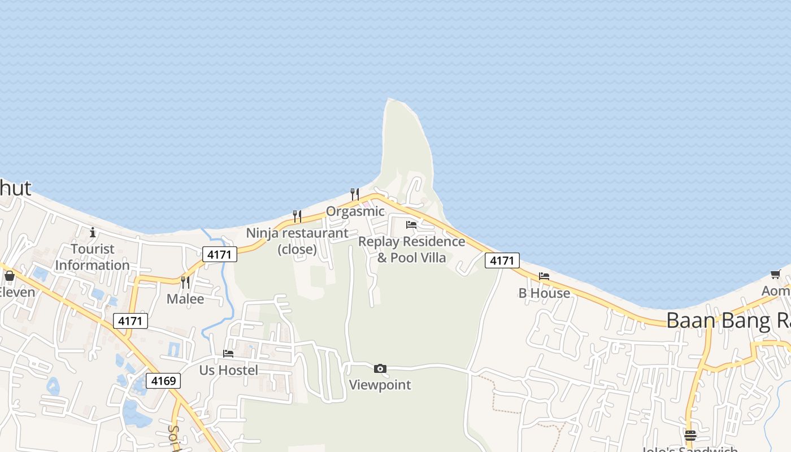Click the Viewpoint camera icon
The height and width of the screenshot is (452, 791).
click(x=380, y=369)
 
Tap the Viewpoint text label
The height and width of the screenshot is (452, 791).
click(x=380, y=385)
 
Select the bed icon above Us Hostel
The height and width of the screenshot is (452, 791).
click(x=228, y=354)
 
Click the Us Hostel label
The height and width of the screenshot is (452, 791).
click(x=229, y=370)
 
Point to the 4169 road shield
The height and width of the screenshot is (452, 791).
click(x=163, y=381)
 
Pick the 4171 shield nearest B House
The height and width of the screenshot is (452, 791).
click(x=502, y=260)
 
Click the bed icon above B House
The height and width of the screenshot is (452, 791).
click(x=544, y=276)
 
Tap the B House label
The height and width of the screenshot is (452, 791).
click(x=544, y=293)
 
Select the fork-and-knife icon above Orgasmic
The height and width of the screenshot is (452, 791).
click(x=355, y=194)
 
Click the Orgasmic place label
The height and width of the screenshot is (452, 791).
click(x=355, y=211)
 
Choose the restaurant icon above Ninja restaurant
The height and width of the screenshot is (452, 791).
click(x=297, y=216)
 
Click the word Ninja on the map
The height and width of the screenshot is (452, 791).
click(x=262, y=233)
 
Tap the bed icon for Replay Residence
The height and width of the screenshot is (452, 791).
click(x=411, y=225)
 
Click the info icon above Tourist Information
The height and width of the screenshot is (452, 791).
click(x=93, y=232)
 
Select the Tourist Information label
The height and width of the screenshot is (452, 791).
click(x=93, y=257)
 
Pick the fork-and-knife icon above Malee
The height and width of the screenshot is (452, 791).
click(x=185, y=282)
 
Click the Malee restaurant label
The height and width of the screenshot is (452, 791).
click(x=185, y=299)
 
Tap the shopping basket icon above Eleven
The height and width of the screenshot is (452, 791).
click(x=10, y=276)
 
